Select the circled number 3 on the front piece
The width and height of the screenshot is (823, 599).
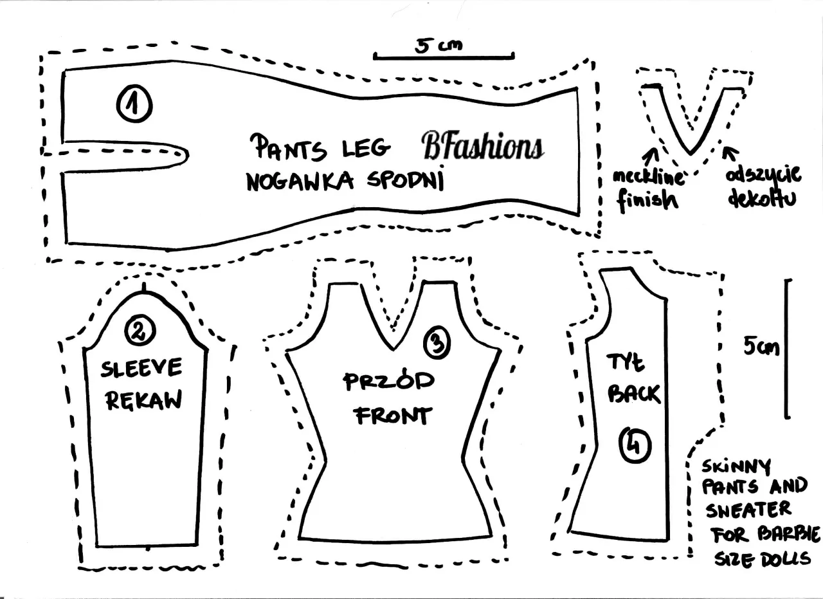[437, 344]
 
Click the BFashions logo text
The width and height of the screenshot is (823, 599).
[482, 146]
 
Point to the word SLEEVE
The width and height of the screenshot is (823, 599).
[141, 369]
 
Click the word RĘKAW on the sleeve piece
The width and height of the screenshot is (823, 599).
[143, 400]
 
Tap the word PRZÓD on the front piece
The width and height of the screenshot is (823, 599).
[388, 382]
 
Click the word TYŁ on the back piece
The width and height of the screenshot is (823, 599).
[625, 364]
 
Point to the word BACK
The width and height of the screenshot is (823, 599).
[634, 393]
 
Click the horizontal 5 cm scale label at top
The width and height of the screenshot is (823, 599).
[439, 44]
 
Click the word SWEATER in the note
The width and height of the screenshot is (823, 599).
[748, 510]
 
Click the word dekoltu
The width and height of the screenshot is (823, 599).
[763, 198]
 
